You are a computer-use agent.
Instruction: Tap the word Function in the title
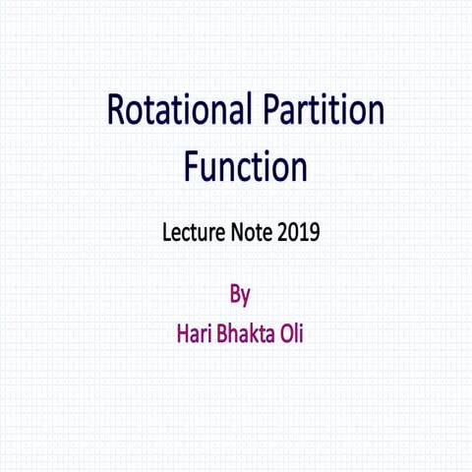pyautogui.click(x=245, y=166)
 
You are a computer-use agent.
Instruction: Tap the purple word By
pyautogui.click(x=240, y=294)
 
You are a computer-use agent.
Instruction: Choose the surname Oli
pyautogui.click(x=292, y=332)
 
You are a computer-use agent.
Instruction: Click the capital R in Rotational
pyautogui.click(x=117, y=111)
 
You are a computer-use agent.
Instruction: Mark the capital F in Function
pyautogui.click(x=191, y=166)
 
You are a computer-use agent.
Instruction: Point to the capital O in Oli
pyautogui.click(x=285, y=332)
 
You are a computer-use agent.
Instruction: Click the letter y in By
pyautogui.click(x=246, y=296)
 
